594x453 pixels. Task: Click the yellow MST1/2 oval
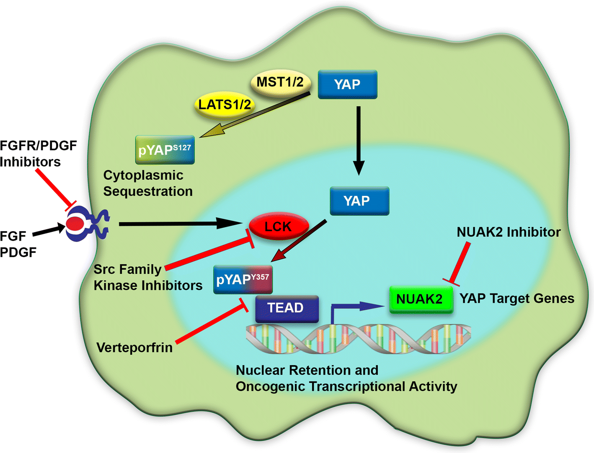(280, 82)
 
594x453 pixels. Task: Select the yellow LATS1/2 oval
(225, 105)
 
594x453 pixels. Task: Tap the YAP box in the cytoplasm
(347, 85)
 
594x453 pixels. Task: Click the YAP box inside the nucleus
(359, 201)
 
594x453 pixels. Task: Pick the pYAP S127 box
(165, 149)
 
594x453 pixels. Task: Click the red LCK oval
(278, 226)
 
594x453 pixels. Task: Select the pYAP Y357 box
(243, 279)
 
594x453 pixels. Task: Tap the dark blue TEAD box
(287, 309)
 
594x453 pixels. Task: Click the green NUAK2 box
(421, 299)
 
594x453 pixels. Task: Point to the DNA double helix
(358, 338)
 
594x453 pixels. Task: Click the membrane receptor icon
(87, 225)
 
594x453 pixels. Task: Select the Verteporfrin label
(134, 347)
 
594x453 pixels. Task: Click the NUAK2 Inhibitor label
(508, 232)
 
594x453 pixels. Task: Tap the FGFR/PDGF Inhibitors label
(38, 154)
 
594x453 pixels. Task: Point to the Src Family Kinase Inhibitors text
(147, 277)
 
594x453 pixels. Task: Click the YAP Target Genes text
(517, 299)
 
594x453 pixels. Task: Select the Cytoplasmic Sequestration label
(147, 183)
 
